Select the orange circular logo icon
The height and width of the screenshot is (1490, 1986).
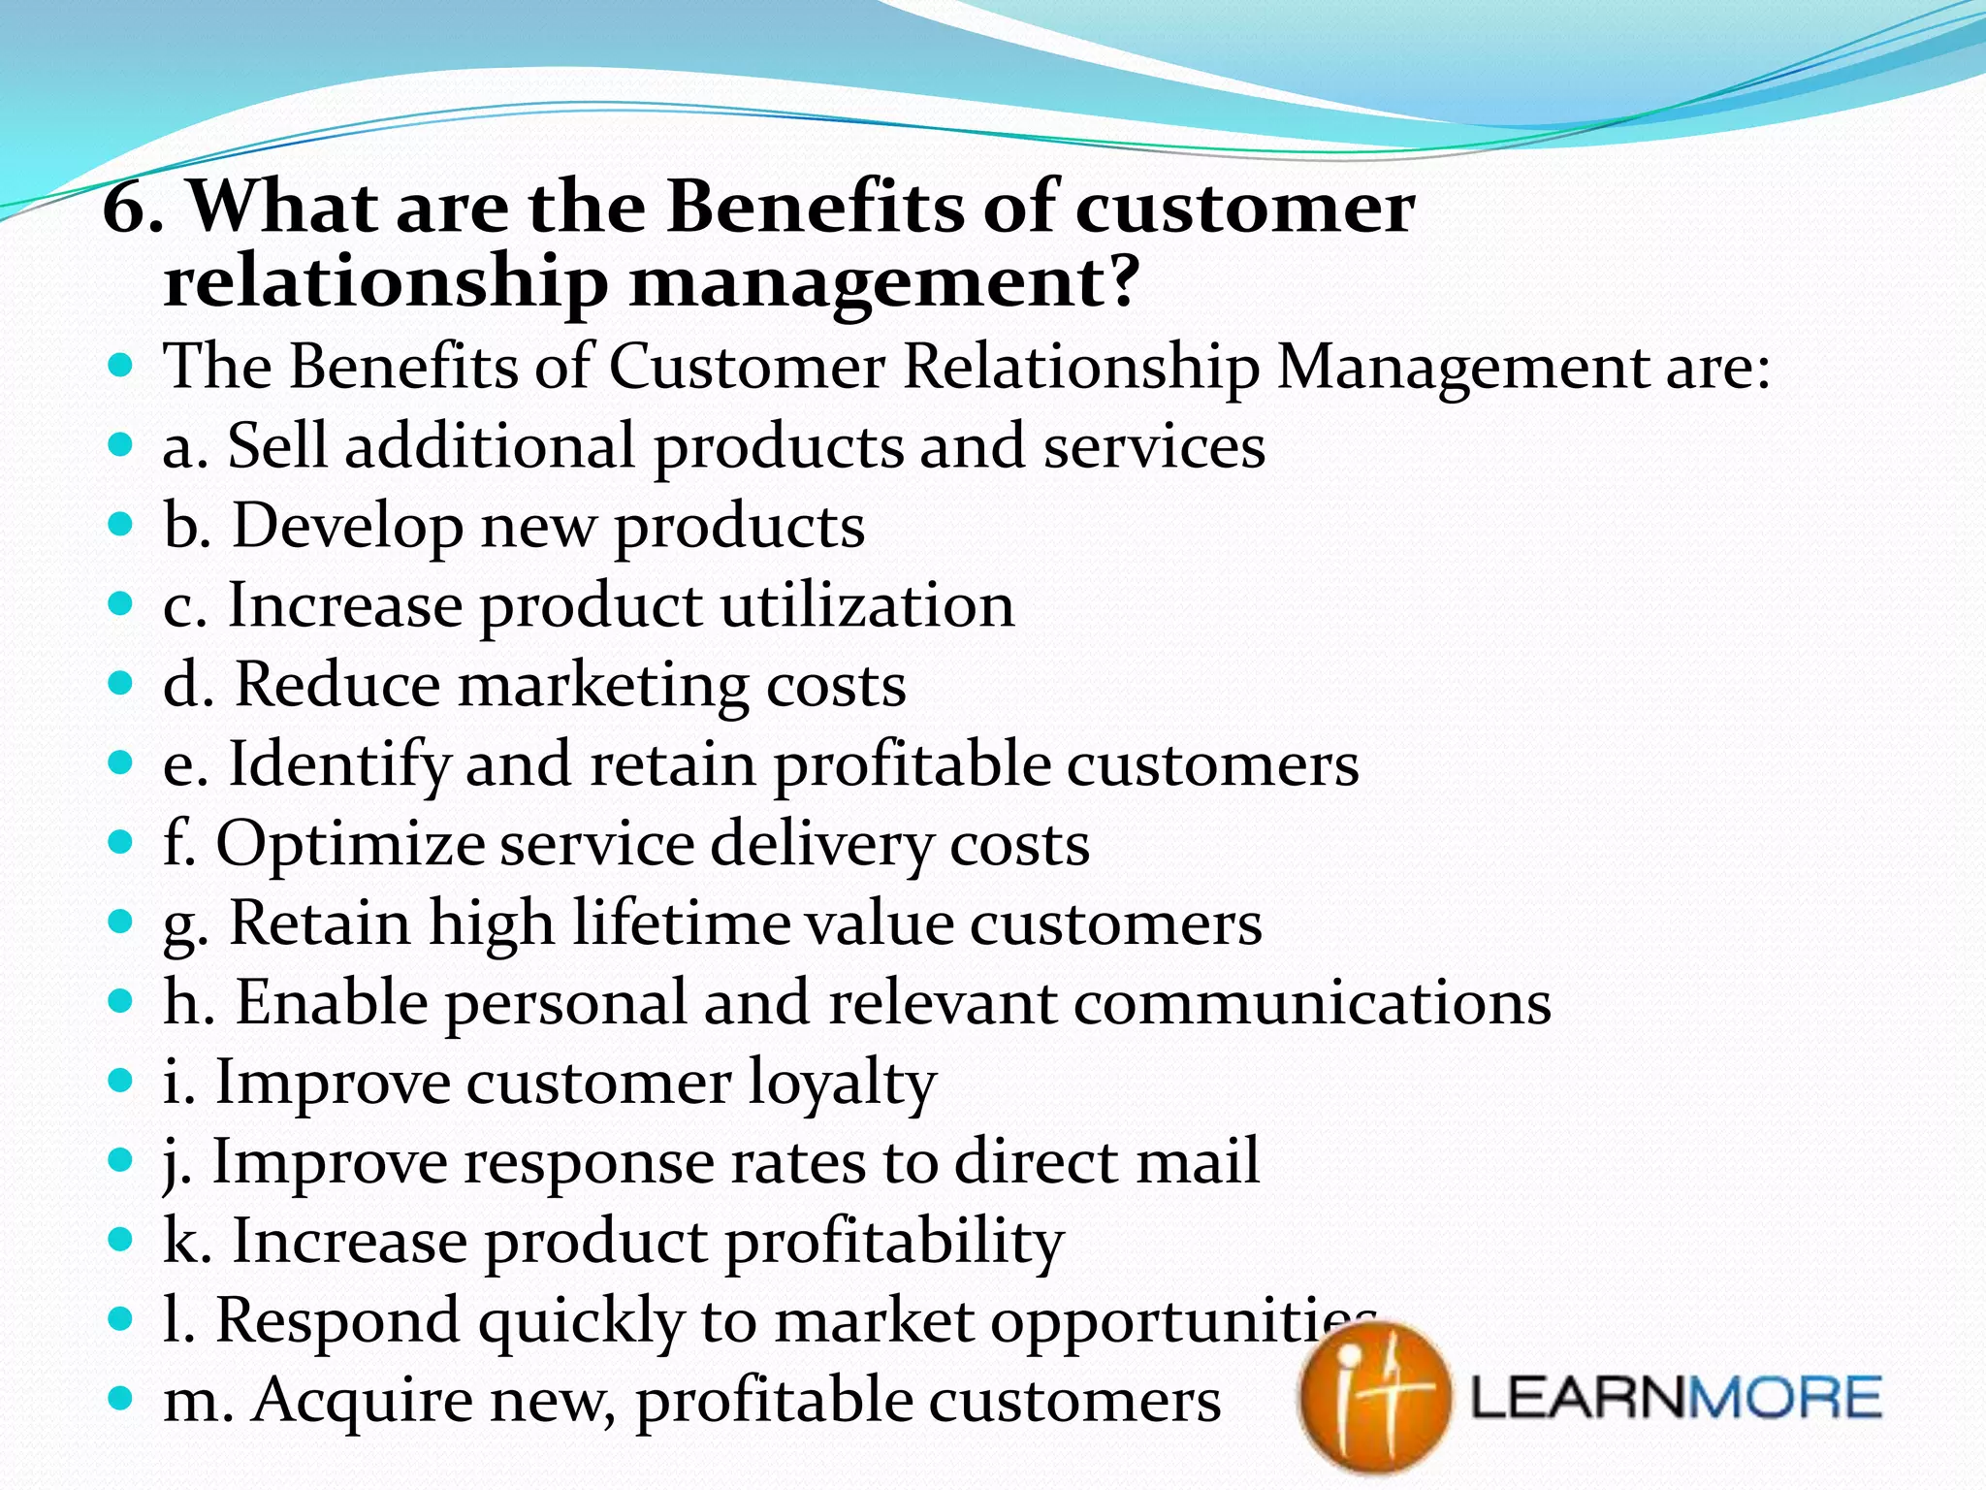coord(1375,1397)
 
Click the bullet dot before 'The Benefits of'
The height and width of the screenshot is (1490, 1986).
coord(120,367)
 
